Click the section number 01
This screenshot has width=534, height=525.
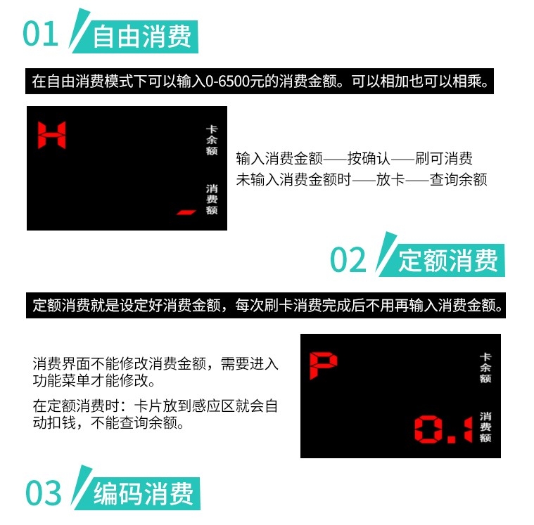(x=41, y=33)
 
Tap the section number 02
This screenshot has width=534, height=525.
(x=348, y=259)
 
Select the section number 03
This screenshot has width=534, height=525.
(x=43, y=493)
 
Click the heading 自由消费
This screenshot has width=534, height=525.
(x=141, y=37)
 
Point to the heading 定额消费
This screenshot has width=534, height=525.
(x=448, y=260)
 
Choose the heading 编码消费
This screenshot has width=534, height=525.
(x=144, y=493)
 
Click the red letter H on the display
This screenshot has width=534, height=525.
(x=52, y=135)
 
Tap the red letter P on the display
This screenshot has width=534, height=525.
(x=323, y=365)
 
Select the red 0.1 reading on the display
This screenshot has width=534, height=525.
(x=443, y=429)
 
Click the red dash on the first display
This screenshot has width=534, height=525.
(x=186, y=212)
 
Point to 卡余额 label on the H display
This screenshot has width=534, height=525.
(x=212, y=140)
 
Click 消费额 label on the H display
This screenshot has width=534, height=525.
(x=212, y=200)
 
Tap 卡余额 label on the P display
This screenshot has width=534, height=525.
(x=485, y=368)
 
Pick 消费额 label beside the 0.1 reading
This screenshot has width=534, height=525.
(x=485, y=427)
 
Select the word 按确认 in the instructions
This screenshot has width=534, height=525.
(x=369, y=159)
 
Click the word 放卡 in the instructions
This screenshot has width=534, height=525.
(x=390, y=179)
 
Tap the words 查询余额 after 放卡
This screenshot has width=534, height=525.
(x=459, y=179)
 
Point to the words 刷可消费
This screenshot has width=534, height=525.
(x=444, y=159)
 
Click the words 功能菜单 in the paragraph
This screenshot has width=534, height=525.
(x=61, y=380)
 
